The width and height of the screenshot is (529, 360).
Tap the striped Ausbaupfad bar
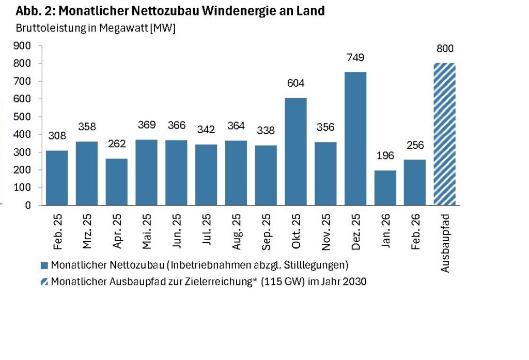tap(445, 134)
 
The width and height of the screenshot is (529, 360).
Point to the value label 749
tap(355, 57)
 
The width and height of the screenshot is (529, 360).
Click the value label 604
tap(295, 83)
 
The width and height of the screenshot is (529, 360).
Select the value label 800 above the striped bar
tap(445, 49)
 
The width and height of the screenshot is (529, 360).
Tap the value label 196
tap(385, 155)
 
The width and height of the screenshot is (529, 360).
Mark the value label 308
tap(56, 136)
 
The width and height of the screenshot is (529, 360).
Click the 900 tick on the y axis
tap(24, 45)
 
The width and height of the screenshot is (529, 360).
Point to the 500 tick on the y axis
tap(24, 117)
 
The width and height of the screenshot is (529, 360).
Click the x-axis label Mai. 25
tap(146, 232)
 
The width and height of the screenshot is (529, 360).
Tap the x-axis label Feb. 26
tap(415, 232)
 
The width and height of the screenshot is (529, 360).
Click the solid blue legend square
tap(44, 265)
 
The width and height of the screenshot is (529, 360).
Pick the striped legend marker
tap(44, 282)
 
